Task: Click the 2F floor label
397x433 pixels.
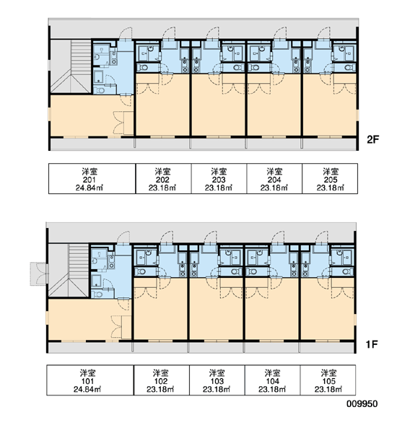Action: [x=372, y=139]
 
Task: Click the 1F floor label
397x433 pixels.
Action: [x=372, y=344]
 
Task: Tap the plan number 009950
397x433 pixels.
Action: [x=362, y=403]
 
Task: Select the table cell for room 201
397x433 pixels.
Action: [x=92, y=179]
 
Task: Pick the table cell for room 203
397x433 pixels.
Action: [x=219, y=179]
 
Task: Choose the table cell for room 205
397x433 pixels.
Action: [x=330, y=179]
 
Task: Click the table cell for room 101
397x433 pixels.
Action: [x=90, y=380]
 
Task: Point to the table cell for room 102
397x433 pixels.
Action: [x=162, y=380]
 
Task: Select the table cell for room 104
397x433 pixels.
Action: [x=272, y=380]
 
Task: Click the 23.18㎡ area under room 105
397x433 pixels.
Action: [x=328, y=390]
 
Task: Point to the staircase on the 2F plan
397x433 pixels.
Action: [x=71, y=66]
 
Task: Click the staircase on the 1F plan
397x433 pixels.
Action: [x=69, y=271]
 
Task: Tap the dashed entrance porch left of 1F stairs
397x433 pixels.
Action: [x=38, y=274]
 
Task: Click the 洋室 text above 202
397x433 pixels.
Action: [x=162, y=172]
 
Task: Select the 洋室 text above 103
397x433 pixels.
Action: [x=217, y=373]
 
